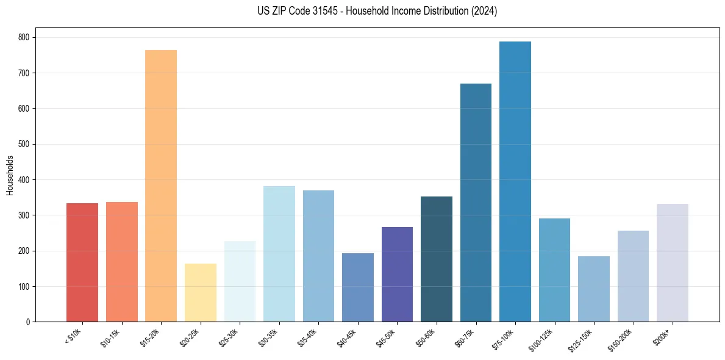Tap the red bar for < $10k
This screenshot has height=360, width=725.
[x=82, y=262]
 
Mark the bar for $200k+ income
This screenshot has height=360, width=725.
[x=673, y=263]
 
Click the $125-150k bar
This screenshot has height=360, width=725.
[x=594, y=289]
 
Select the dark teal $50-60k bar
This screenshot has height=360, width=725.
[x=437, y=259]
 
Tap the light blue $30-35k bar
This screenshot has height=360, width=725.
[x=279, y=254]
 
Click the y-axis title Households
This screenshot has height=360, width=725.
[x=10, y=175]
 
